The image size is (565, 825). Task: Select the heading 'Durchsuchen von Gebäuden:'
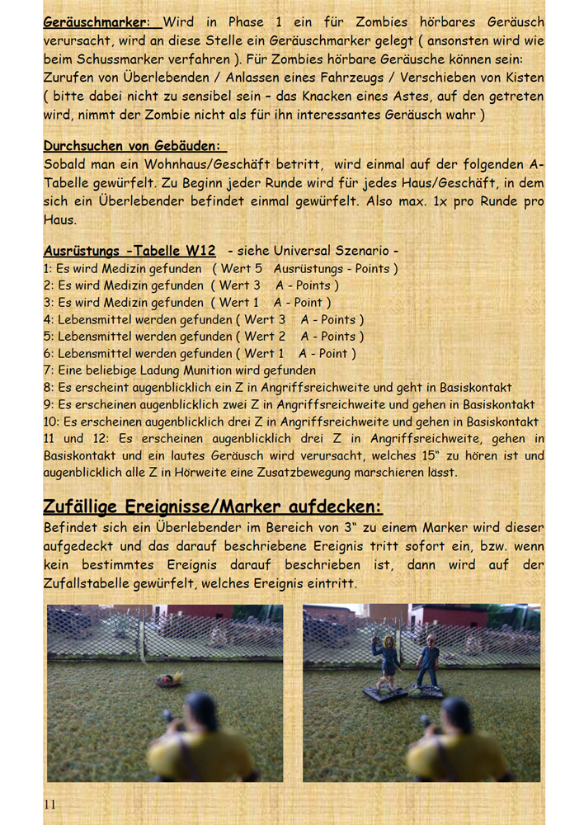click(x=134, y=146)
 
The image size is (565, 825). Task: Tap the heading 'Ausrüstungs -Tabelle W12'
click(x=129, y=251)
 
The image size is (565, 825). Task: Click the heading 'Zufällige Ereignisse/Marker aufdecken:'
click(x=213, y=506)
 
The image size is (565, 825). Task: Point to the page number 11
click(x=51, y=804)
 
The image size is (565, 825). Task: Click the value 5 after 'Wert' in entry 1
click(x=259, y=269)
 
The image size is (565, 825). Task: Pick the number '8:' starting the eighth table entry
click(x=49, y=387)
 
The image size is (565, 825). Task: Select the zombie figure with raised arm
click(x=387, y=660)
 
